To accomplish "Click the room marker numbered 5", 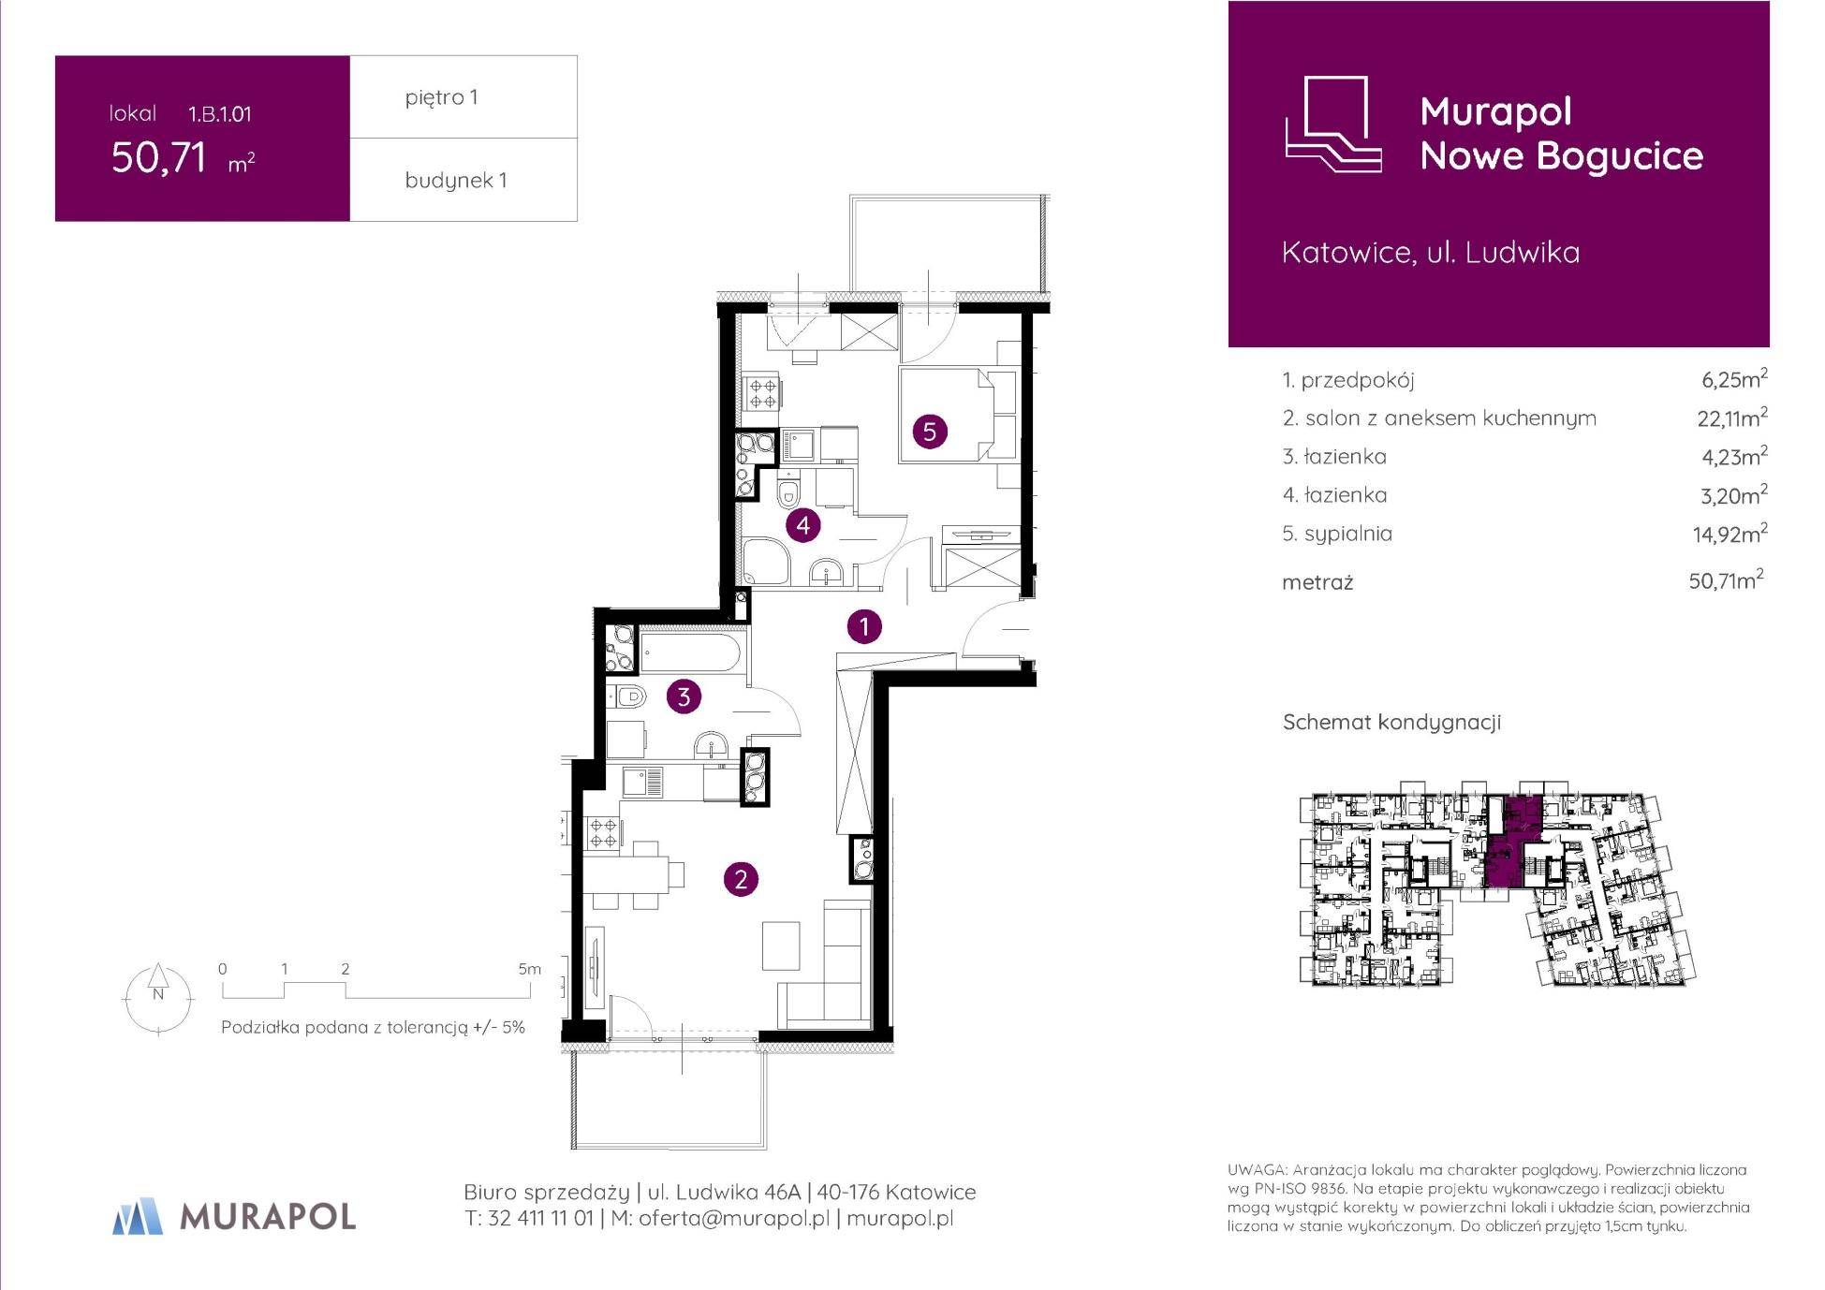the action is tap(929, 432).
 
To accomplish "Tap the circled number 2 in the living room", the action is tap(741, 879).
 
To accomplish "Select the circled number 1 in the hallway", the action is tap(863, 626).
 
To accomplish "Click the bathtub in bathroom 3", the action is tap(693, 651).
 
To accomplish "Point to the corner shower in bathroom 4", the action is tap(766, 561).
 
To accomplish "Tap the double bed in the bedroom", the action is tap(945, 415).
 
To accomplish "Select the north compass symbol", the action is tap(157, 998).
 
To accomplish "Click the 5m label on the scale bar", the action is tap(529, 969).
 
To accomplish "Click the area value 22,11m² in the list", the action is tap(1731, 418).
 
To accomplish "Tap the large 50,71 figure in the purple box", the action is tap(158, 157).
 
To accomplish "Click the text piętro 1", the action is tap(441, 97).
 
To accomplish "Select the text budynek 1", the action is tap(455, 180).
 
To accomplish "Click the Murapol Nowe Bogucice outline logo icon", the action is tap(1332, 124).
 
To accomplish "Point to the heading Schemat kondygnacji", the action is tap(1391, 722).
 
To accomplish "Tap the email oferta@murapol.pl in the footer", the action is tap(734, 1218).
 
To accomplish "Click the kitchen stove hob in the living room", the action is tap(603, 833).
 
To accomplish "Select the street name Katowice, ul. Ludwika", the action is tap(1430, 252).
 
